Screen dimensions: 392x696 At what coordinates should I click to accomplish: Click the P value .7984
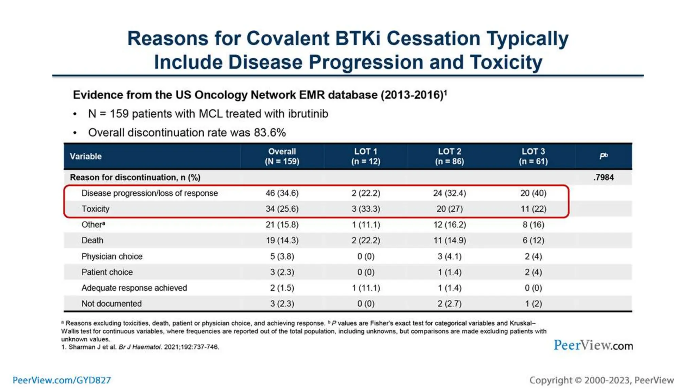[x=604, y=177]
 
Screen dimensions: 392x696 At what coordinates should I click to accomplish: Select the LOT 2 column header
[x=449, y=156]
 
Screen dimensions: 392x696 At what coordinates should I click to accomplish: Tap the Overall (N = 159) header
[x=282, y=156]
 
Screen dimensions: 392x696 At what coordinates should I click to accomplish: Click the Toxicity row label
[x=95, y=209]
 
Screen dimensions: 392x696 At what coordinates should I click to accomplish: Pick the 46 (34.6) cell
[x=282, y=193]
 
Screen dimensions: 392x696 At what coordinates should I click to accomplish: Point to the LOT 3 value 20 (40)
[x=533, y=193]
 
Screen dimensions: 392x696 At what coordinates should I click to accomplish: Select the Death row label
[x=92, y=240]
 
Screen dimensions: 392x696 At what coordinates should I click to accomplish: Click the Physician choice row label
[x=112, y=256]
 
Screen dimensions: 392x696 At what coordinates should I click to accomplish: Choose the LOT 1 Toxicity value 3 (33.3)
[x=366, y=209]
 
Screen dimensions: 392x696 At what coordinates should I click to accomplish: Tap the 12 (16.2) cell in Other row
[x=449, y=225]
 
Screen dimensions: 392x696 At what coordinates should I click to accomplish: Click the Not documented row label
[x=111, y=304]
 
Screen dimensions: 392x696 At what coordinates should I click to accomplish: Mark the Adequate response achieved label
[x=134, y=288]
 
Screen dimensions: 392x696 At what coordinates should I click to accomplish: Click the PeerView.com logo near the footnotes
[x=593, y=345]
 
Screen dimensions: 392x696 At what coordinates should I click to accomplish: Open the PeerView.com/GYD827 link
[x=62, y=380]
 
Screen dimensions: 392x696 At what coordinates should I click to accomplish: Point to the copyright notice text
[x=601, y=380]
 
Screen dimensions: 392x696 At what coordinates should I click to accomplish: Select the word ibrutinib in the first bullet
[x=308, y=114]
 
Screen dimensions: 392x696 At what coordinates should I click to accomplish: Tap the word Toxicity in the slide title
[x=506, y=62]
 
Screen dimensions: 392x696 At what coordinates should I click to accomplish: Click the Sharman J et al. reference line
[x=140, y=347]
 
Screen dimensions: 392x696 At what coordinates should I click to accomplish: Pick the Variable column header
[x=86, y=156]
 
